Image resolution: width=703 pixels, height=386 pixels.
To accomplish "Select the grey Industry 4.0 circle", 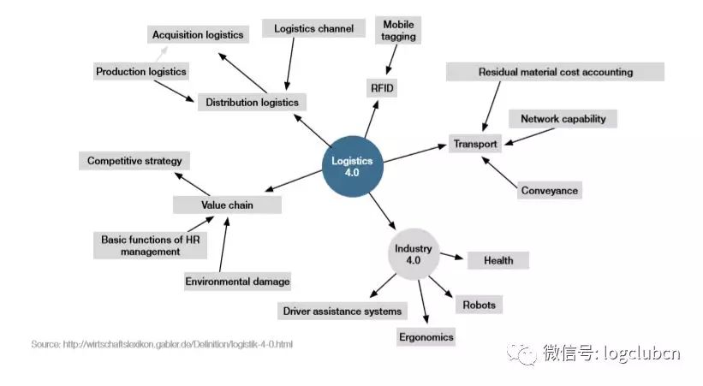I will [414, 254].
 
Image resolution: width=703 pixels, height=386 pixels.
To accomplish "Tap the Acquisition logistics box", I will [198, 35].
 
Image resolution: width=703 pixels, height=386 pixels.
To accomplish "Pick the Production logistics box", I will [140, 72].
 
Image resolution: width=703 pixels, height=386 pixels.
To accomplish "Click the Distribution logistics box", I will [252, 103].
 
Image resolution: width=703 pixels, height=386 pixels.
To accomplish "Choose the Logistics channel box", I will [313, 29].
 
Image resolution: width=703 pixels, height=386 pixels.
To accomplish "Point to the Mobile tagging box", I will [399, 31].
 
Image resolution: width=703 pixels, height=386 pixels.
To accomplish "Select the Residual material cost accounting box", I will [555, 73].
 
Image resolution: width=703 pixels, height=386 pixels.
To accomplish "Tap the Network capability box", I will [563, 119].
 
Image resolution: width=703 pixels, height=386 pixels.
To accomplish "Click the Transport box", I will [474, 144].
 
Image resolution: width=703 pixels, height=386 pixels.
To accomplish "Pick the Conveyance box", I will [550, 191].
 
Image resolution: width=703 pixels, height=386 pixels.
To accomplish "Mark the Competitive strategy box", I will [134, 161].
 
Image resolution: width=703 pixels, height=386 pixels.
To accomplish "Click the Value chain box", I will [227, 205].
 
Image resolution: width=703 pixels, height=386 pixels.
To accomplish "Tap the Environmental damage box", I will [237, 282].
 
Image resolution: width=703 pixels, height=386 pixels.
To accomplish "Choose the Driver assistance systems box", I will [342, 311].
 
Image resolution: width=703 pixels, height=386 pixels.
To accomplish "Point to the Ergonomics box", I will [426, 336].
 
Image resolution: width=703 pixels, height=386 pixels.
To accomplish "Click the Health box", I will [497, 260].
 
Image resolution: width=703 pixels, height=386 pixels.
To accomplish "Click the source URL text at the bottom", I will [162, 344].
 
